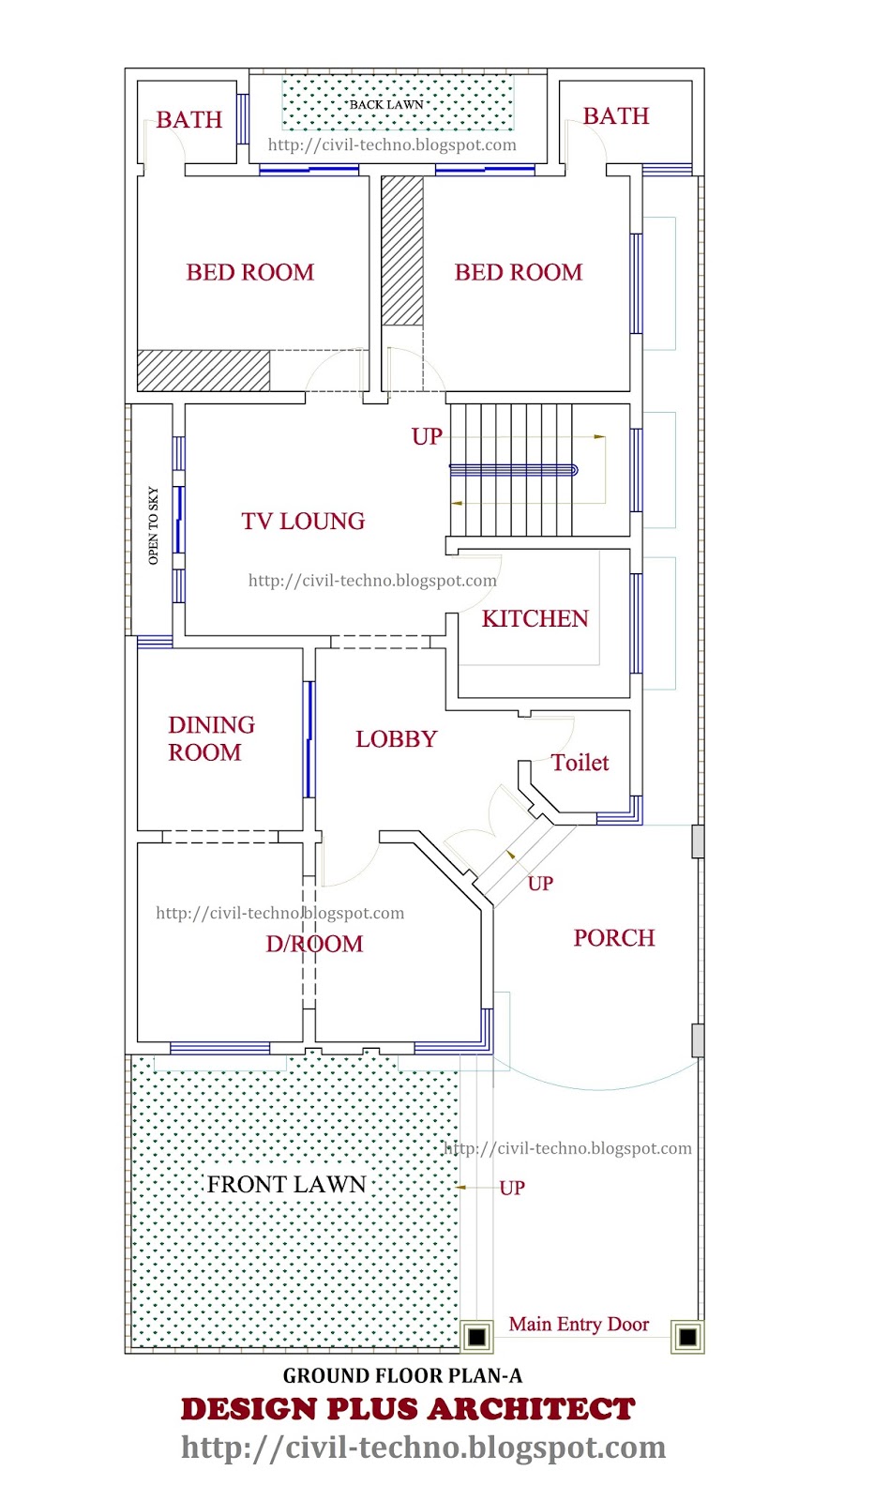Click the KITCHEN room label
click(x=535, y=618)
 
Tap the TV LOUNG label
click(x=303, y=522)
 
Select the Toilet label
click(x=580, y=763)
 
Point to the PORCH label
click(x=613, y=937)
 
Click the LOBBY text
click(x=396, y=739)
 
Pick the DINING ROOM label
click(x=211, y=738)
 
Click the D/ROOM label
click(x=314, y=944)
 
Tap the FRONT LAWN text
click(x=286, y=1185)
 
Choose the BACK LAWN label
click(x=386, y=104)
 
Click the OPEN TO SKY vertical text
click(x=154, y=525)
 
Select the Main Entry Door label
click(x=579, y=1324)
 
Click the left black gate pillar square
click(x=476, y=1337)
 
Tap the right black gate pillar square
click(x=687, y=1337)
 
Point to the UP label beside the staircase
click(x=427, y=437)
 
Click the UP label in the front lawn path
click(x=512, y=1188)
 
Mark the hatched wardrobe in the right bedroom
click(x=402, y=250)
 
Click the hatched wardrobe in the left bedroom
click(x=203, y=370)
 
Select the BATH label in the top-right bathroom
click(x=616, y=116)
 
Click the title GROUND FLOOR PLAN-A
click(x=402, y=1375)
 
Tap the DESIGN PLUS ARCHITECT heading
click(x=408, y=1409)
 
